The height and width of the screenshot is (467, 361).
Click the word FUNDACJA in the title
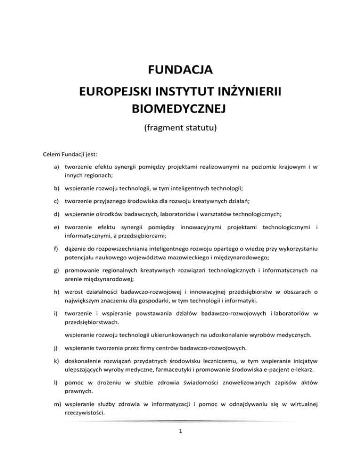pyautogui.click(x=180, y=71)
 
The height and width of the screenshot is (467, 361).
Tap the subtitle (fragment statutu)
pyautogui.click(x=180, y=127)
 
